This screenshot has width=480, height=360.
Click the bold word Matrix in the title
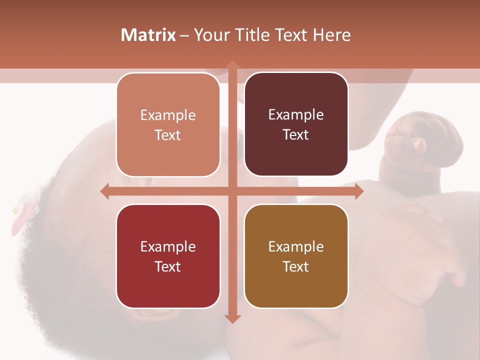point(148,35)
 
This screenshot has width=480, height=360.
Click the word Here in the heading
point(332,35)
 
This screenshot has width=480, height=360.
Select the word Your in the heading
point(209,35)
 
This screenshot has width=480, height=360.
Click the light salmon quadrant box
point(168,125)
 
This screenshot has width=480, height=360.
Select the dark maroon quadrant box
point(296,124)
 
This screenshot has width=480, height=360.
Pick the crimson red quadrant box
point(168,256)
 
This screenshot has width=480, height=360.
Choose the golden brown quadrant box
point(296,256)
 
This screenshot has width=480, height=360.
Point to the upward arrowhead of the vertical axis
point(231,65)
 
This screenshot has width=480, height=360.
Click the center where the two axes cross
point(231,191)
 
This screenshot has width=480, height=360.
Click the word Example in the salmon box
point(168,115)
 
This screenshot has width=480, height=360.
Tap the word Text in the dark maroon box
point(296,135)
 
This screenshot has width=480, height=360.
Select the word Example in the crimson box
point(168,247)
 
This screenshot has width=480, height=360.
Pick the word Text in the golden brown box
point(296,267)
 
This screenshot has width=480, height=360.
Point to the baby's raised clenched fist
point(410,140)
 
